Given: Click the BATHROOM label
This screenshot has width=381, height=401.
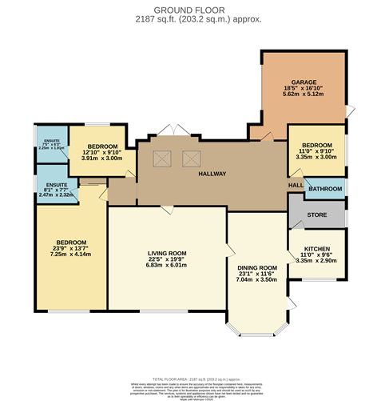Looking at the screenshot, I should click(325, 189).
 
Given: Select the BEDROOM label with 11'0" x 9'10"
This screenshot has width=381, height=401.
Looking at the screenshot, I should click(316, 145).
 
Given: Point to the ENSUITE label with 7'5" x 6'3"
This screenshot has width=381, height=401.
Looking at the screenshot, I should click(50, 141).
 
